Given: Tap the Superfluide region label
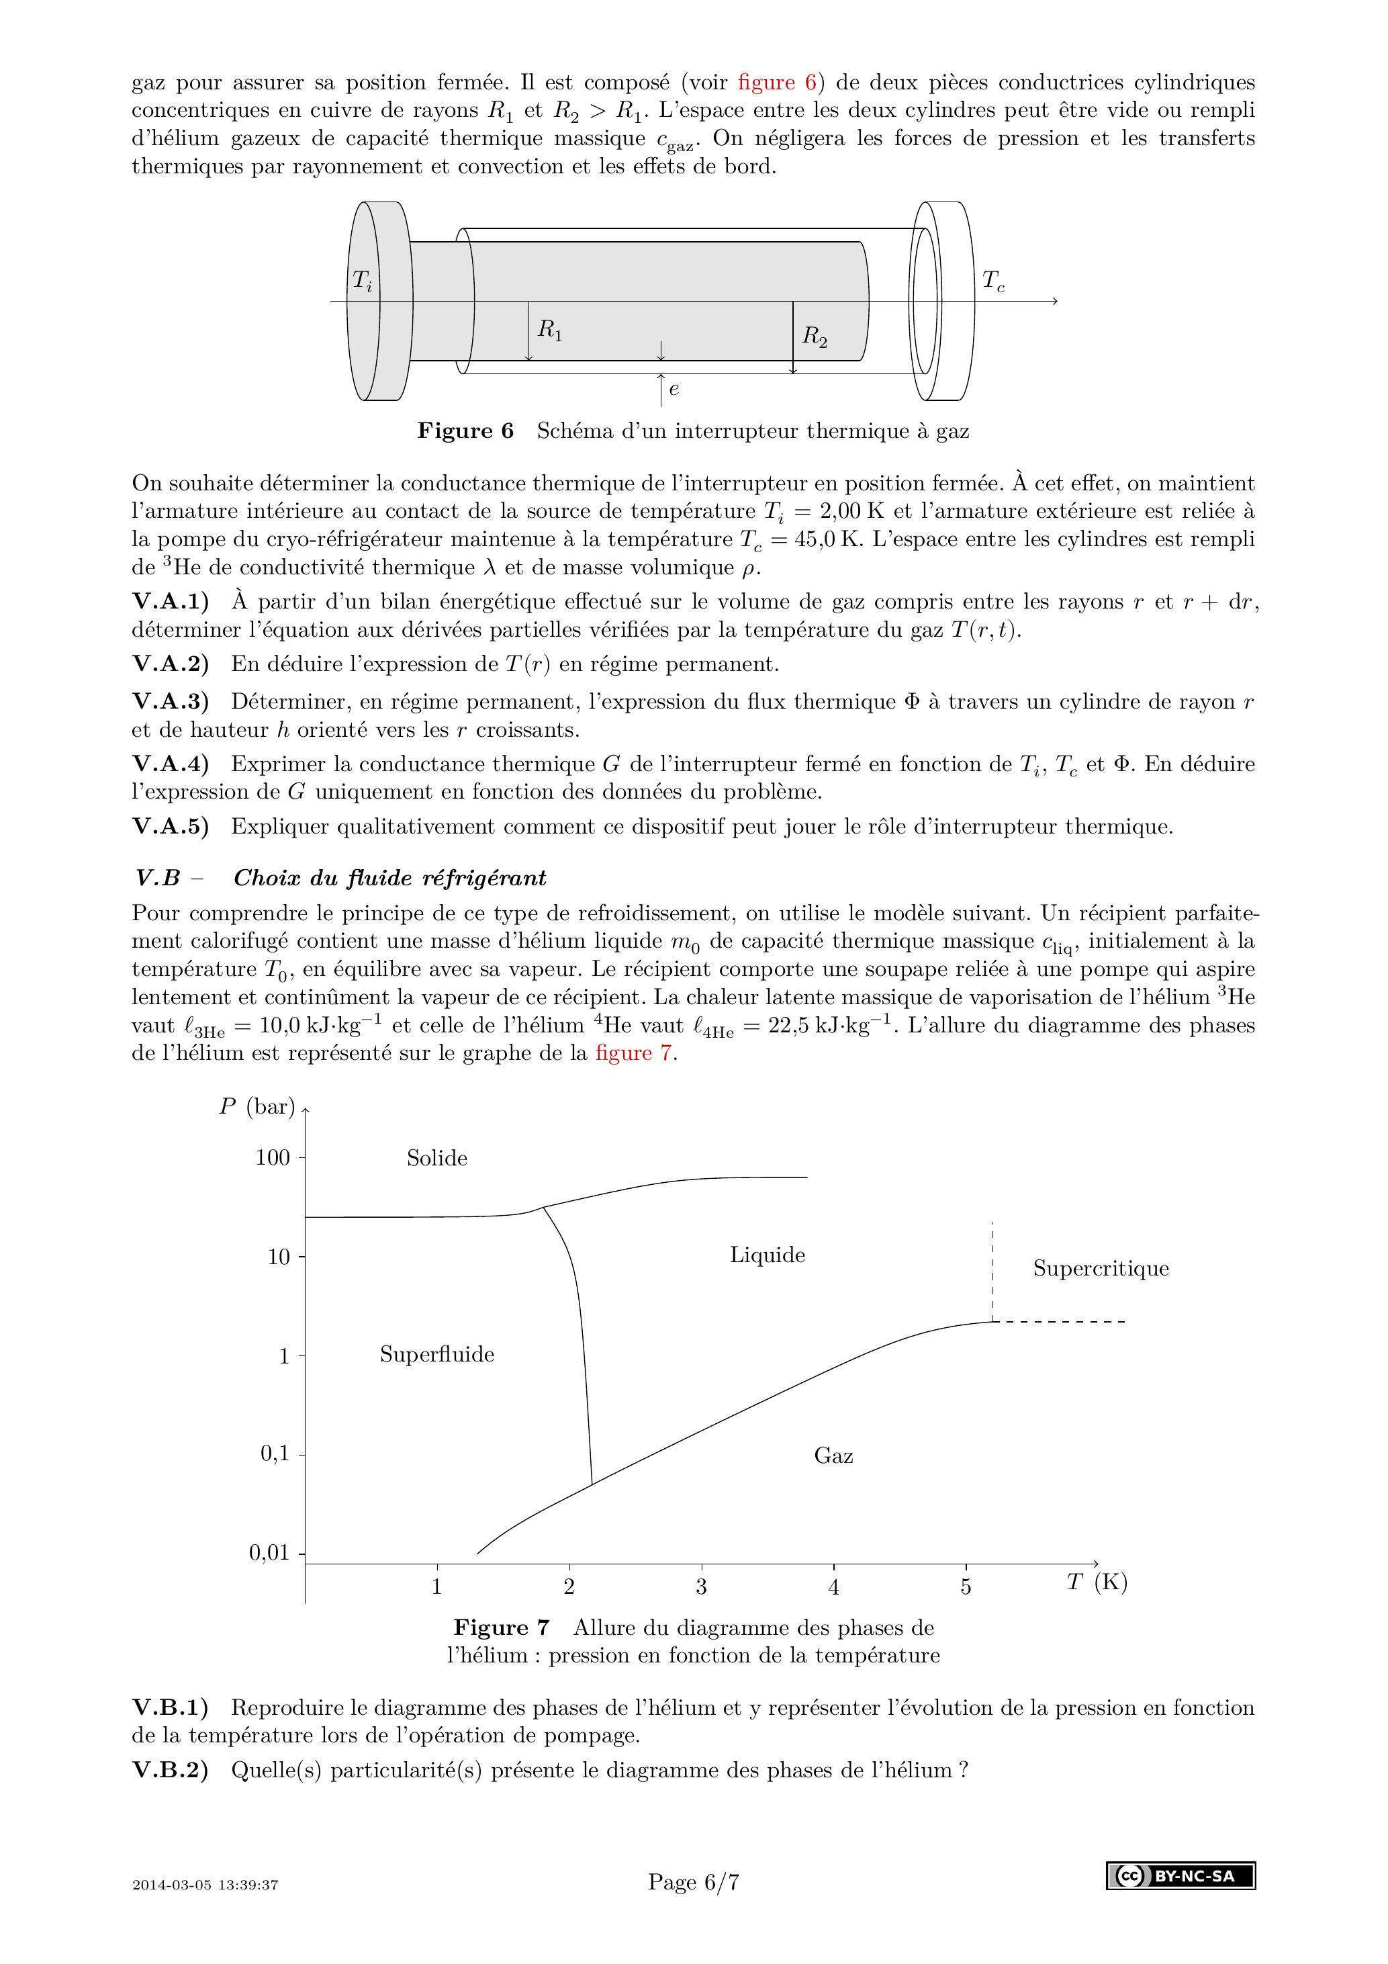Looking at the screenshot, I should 437,1354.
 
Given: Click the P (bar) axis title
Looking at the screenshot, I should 257,1107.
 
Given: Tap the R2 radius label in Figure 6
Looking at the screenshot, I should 814,337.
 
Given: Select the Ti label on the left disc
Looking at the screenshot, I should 363,281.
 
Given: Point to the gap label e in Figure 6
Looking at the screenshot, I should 674,389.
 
